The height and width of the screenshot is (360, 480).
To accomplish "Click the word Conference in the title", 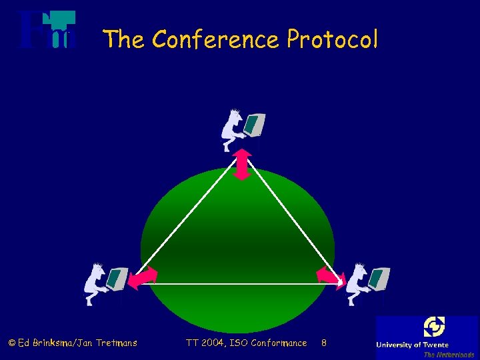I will (x=216, y=40).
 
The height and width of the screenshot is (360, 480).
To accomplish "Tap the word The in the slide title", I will (x=124, y=40).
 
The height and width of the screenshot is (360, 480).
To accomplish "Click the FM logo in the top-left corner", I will (x=47, y=30).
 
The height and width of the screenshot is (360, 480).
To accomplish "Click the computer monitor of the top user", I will (x=255, y=125).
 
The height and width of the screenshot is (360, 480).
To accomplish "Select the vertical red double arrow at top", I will (x=242, y=164).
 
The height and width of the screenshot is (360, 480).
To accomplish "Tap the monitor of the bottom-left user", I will (x=117, y=279).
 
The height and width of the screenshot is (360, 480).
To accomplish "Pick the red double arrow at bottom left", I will (x=142, y=277).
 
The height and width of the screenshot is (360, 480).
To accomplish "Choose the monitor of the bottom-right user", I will (x=379, y=278).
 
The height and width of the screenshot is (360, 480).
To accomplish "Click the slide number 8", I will (x=324, y=343).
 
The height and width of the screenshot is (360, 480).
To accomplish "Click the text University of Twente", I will (x=412, y=345).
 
